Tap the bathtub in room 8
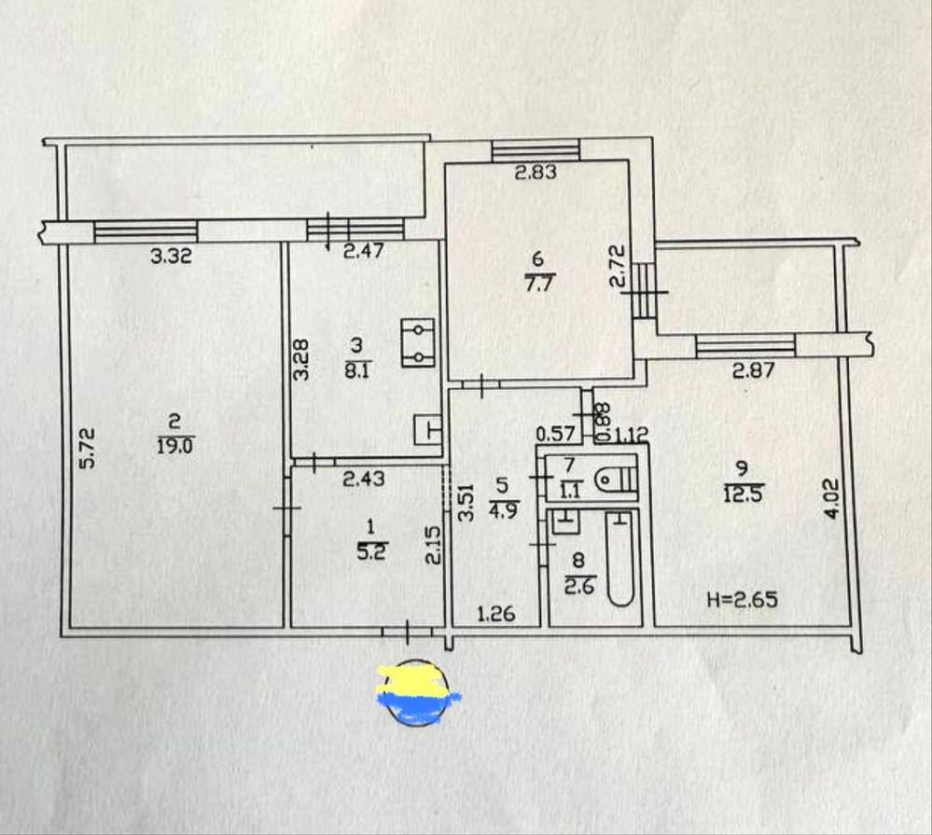620,559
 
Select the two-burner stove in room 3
419,343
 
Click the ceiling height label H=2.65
743,599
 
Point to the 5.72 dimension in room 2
88,449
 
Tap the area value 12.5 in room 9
743,494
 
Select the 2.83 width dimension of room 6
536,173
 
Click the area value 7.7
538,282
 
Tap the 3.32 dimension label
171,257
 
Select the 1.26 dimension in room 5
496,613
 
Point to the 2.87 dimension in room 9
753,370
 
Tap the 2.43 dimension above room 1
364,478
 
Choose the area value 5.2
371,551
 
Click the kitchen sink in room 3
428,430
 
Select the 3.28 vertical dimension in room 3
302,359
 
